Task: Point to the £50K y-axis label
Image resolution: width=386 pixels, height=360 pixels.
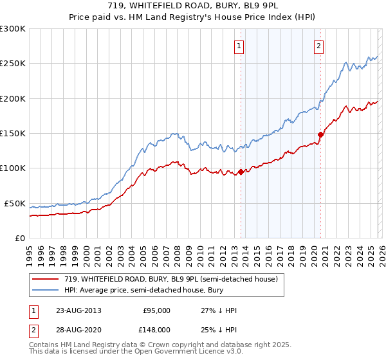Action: (14, 203)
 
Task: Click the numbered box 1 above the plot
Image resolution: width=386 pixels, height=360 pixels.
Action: (239, 46)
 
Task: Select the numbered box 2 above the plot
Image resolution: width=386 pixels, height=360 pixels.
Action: (318, 46)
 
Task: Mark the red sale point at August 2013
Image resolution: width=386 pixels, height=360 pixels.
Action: (241, 172)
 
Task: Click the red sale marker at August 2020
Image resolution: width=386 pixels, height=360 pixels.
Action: (320, 134)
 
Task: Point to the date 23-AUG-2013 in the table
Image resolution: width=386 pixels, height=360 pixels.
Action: (78, 310)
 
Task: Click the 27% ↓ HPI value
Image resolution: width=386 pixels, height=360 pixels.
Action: (219, 310)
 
